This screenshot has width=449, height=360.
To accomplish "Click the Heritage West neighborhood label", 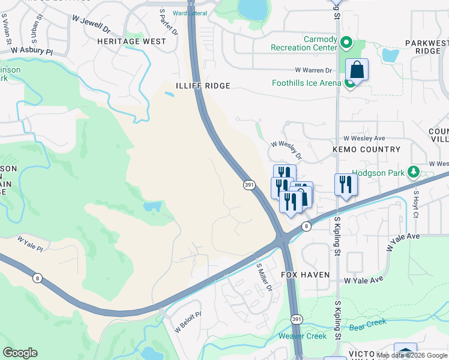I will click(131, 41).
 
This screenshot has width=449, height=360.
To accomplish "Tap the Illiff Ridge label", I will click(203, 86).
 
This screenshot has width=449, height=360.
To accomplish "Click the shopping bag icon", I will click(357, 70).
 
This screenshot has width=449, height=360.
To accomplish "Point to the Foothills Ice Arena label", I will click(306, 83).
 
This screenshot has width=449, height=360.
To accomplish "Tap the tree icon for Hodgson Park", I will click(412, 173).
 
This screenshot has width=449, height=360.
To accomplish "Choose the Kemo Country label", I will click(366, 149).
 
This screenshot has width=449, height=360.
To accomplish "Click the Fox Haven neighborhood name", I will click(306, 274).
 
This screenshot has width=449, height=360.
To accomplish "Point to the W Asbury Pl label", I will click(32, 52).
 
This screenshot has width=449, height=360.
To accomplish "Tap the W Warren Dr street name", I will click(312, 70).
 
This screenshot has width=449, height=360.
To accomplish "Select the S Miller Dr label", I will click(264, 277).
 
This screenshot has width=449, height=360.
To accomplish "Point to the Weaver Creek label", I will click(302, 336).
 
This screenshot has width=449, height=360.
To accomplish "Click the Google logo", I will click(20, 353).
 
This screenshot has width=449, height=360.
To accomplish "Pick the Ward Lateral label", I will click(189, 13).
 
